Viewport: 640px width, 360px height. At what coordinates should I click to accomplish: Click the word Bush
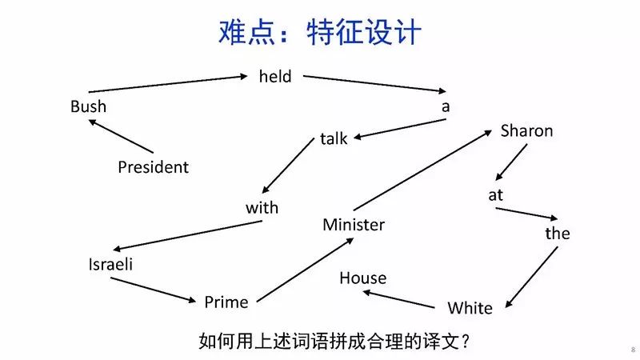click(88, 106)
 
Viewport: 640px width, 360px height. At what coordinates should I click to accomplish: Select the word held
click(275, 77)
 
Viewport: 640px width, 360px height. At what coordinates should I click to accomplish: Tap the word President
click(153, 167)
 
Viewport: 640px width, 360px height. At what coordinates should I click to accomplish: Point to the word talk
click(334, 138)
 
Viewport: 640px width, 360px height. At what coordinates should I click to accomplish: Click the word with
click(262, 208)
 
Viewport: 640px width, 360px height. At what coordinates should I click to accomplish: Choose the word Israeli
click(110, 265)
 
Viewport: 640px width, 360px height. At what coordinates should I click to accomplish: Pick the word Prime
click(226, 302)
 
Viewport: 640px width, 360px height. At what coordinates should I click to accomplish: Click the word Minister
click(354, 225)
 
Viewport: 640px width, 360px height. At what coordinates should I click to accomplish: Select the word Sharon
click(526, 130)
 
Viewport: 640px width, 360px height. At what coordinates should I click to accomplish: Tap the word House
click(362, 278)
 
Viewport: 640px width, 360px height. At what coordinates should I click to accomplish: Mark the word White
click(470, 308)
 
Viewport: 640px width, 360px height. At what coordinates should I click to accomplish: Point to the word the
click(558, 234)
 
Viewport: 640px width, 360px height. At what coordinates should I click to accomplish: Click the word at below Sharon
click(496, 194)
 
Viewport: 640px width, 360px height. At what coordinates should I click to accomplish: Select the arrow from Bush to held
click(168, 84)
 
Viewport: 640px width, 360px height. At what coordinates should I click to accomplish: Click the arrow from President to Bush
click(120, 136)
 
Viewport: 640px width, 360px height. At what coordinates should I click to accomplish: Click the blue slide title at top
click(320, 33)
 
